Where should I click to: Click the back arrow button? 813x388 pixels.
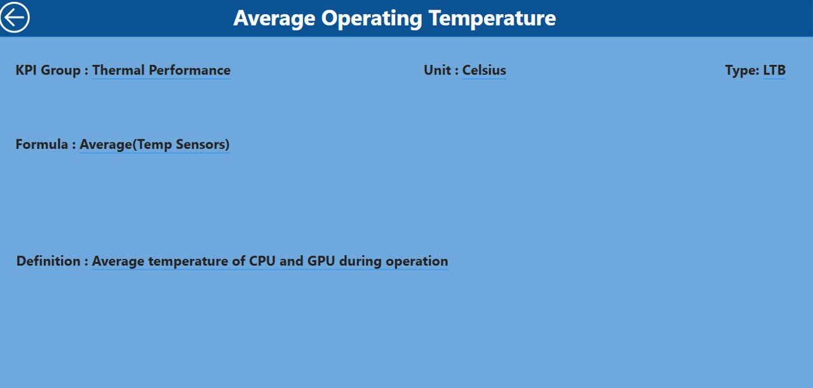coord(15,17)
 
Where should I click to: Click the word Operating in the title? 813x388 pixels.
coord(372,18)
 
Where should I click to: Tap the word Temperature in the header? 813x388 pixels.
coord(492,18)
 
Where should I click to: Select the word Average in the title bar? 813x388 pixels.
coord(274,18)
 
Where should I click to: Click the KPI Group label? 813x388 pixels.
coord(48,70)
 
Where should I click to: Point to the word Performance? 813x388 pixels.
coord(189,70)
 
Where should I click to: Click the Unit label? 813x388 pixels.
coord(438,70)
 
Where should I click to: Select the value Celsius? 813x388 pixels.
coord(484,70)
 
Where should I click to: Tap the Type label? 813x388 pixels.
coord(742,71)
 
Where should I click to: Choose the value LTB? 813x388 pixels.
coord(774,70)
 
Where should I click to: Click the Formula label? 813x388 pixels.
coord(42,144)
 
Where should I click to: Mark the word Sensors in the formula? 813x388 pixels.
coord(203,144)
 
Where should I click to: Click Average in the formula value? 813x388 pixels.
coord(105,144)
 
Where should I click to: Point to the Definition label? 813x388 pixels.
coord(48,261)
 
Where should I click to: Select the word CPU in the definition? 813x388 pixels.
coord(262,261)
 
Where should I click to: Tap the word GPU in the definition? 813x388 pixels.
coord(321,261)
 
